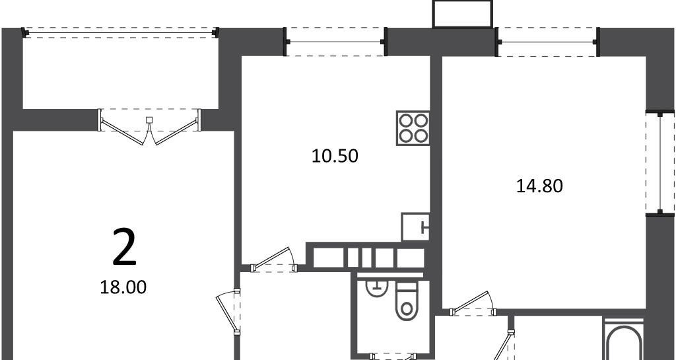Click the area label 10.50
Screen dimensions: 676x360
click(335, 156)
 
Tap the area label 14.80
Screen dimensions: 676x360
click(540, 186)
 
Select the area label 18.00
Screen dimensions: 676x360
click(123, 287)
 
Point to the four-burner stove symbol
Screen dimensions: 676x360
click(413, 128)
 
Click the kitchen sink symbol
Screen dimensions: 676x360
click(416, 227)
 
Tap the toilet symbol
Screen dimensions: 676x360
click(407, 301)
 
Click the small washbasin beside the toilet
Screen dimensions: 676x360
click(378, 287)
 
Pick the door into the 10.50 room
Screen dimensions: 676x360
click(274, 260)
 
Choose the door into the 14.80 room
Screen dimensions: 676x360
click(473, 304)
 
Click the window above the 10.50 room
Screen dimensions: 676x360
click(335, 42)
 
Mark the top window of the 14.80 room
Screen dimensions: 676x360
click(547, 42)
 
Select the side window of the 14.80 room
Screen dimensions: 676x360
click(660, 162)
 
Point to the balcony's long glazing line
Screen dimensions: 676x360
click(121, 32)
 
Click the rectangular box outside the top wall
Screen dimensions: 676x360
click(463, 15)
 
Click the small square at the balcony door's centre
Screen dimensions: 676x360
click(150, 120)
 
